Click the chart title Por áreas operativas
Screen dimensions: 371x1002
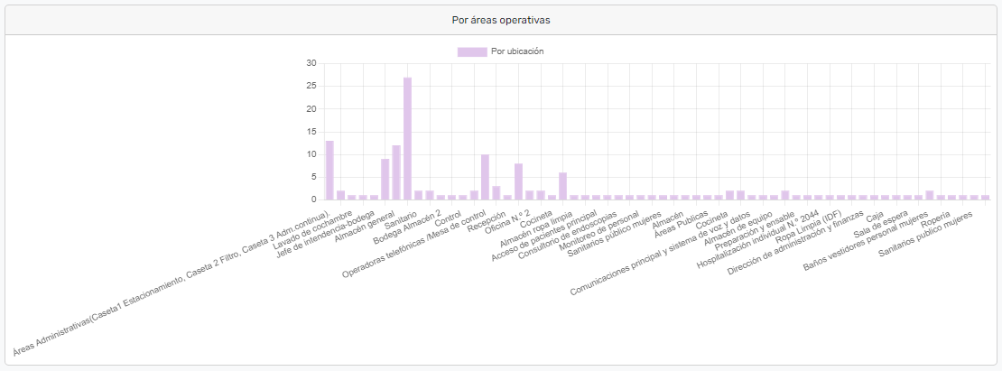[501, 19]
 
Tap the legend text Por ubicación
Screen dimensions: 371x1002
[517, 51]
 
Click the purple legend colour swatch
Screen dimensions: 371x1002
[472, 51]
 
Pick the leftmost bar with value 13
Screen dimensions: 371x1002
[329, 170]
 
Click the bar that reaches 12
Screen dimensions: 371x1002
[396, 172]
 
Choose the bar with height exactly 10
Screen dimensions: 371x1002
[485, 176]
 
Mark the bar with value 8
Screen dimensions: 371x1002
[518, 181]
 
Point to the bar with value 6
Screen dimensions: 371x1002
[562, 185]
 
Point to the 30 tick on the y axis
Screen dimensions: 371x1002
[311, 63]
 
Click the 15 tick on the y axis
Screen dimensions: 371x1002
[311, 132]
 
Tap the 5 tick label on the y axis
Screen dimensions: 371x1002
[313, 177]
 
